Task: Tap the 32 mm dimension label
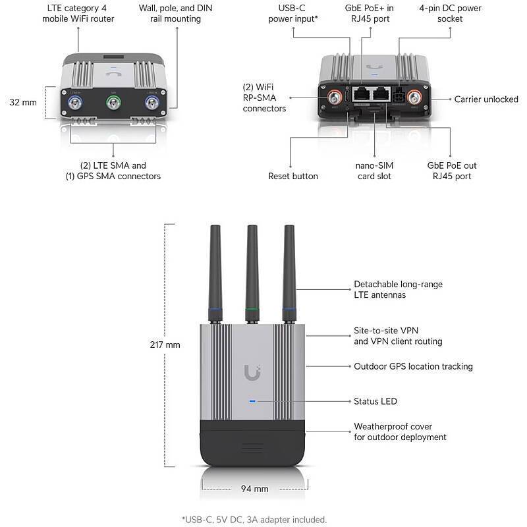23,102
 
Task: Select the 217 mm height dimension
164,345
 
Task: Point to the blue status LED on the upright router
252,401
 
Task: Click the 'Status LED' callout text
375,401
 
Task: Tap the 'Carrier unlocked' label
486,99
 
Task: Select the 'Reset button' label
292,176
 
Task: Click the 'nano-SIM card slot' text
375,171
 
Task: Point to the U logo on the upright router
252,374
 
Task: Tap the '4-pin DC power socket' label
450,13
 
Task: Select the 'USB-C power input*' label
293,13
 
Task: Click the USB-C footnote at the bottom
254,519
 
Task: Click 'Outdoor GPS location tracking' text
413,366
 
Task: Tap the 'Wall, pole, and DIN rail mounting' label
170,13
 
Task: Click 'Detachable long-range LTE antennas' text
398,289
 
